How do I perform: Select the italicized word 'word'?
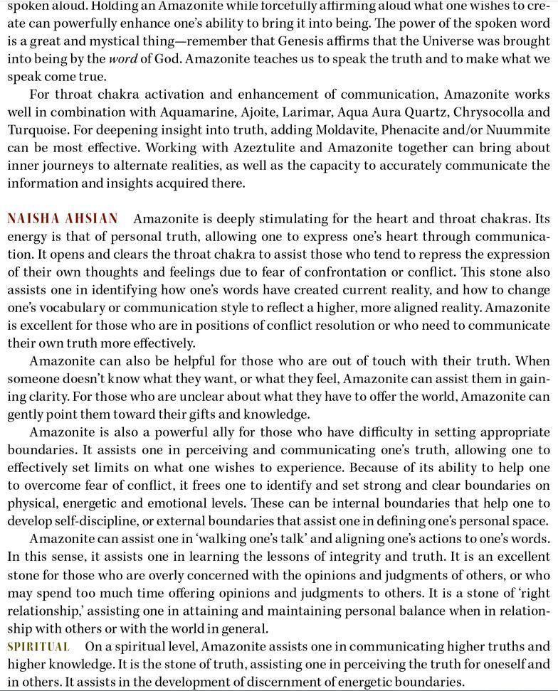click(122, 58)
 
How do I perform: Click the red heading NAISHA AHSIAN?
click(63, 219)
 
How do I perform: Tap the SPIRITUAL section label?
click(38, 647)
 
